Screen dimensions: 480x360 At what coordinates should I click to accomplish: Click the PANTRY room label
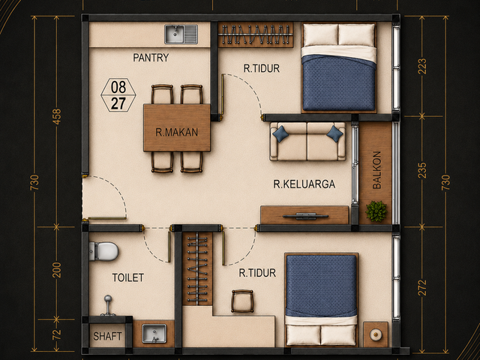click(151, 58)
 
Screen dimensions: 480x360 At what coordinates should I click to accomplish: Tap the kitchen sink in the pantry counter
click(181, 34)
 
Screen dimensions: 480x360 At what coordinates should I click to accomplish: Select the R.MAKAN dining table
click(177, 127)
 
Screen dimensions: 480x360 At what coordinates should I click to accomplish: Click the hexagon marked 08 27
click(118, 95)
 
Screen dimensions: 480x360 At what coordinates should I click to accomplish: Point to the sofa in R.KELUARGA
click(307, 142)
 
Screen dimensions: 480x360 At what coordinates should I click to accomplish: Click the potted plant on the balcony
click(376, 211)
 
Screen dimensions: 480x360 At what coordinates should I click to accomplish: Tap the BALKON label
click(376, 170)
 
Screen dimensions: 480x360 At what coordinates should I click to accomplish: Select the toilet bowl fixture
click(103, 251)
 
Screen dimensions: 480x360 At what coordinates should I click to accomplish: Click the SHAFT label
click(107, 337)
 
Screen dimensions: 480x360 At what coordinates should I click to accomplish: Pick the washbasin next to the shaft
click(154, 333)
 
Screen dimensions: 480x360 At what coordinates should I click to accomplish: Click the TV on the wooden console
click(305, 216)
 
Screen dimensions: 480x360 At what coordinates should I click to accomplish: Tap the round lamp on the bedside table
click(376, 334)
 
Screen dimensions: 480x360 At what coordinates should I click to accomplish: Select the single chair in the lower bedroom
click(242, 301)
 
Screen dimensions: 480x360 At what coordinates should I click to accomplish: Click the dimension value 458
click(57, 117)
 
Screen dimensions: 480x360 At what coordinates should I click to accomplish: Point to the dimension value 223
click(421, 66)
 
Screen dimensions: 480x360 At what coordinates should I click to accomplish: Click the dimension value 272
click(421, 288)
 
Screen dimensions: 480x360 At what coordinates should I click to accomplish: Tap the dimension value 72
click(57, 334)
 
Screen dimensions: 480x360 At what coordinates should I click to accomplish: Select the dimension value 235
click(421, 170)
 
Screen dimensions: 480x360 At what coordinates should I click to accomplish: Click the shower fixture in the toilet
click(108, 305)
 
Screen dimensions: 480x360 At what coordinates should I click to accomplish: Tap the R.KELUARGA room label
click(304, 184)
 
